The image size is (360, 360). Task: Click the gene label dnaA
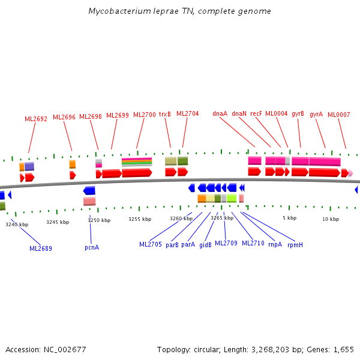tap(220, 113)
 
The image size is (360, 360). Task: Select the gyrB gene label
tap(298, 114)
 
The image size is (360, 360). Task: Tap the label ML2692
tap(36, 119)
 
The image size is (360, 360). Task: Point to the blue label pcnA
tap(92, 247)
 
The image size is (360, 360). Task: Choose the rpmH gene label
tap(295, 245)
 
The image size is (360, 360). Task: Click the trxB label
tap(164, 114)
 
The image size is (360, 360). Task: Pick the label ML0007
tap(338, 115)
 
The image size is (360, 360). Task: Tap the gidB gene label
tap(205, 245)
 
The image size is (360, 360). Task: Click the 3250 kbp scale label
tap(99, 220)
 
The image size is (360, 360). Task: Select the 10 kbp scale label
tap(330, 219)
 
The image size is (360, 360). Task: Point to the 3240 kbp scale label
tap(17, 224)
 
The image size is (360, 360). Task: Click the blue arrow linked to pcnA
tap(89, 191)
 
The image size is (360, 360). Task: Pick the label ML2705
tap(151, 245)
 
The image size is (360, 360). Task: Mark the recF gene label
tap(256, 113)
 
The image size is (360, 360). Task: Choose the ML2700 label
tap(144, 115)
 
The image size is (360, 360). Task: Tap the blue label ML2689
tap(41, 248)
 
